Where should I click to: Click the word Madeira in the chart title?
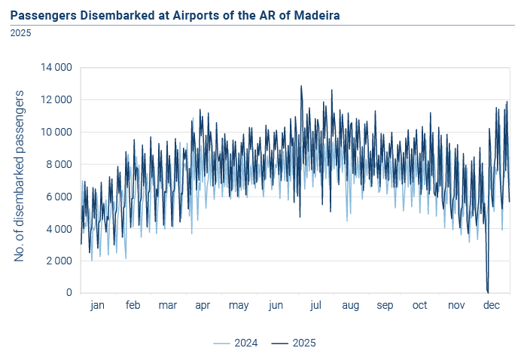pyautogui.click(x=317, y=16)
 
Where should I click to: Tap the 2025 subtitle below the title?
pyautogui.click(x=20, y=33)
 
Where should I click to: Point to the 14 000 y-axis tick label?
pyautogui.click(x=56, y=68)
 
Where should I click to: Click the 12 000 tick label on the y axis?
pyautogui.click(x=56, y=100)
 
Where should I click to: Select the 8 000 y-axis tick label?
pyautogui.click(x=59, y=164)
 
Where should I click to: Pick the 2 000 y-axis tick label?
pyautogui.click(x=59, y=261)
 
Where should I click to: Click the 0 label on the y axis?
pyautogui.click(x=69, y=292)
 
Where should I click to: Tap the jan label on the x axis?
pyautogui.click(x=97, y=305)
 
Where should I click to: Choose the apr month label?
pyautogui.click(x=203, y=306)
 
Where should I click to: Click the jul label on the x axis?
pyautogui.click(x=315, y=305)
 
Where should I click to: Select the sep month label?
pyautogui.click(x=385, y=306)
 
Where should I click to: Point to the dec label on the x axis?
pyautogui.click(x=492, y=305)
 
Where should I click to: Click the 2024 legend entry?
pyautogui.click(x=235, y=343)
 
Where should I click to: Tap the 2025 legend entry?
pyautogui.click(x=294, y=343)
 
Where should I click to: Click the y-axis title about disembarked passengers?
pyautogui.click(x=19, y=176)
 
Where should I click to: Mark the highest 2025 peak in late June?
pyautogui.click(x=301, y=86)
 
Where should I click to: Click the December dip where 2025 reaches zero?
pyautogui.click(x=488, y=292)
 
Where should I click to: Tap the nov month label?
pyautogui.click(x=456, y=306)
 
